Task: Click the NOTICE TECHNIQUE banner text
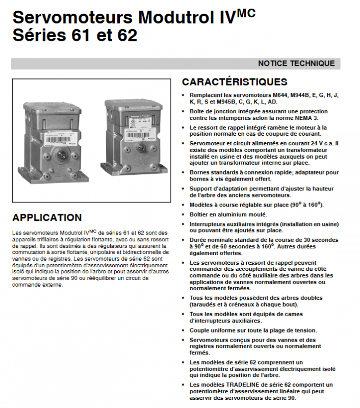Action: coord(296,64)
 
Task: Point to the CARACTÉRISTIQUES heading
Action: coord(235,82)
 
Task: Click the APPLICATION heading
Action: coord(47,218)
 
